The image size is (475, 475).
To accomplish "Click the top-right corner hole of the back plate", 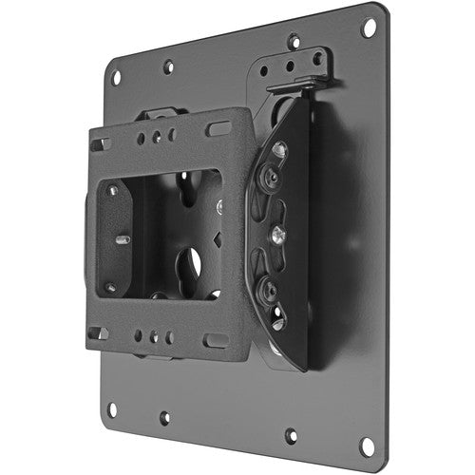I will click(368, 28).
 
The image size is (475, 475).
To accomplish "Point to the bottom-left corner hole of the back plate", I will click(112, 409).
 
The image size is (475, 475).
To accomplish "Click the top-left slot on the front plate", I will click(100, 145).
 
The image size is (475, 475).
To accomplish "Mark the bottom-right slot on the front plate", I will click(216, 339).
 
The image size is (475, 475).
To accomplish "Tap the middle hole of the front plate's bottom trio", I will click(155, 336).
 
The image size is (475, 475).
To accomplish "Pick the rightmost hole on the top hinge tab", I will click(318, 59).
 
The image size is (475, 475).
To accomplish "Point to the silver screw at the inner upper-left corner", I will click(112, 190).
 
